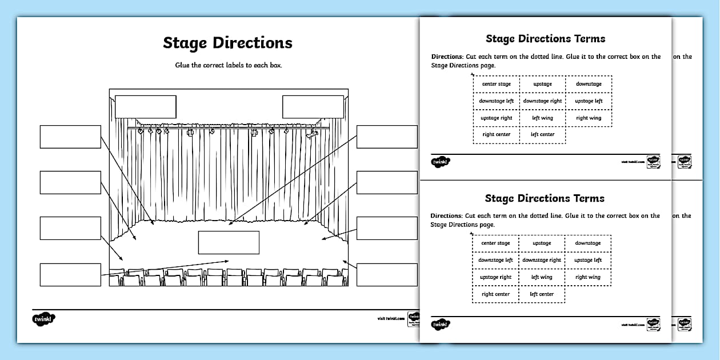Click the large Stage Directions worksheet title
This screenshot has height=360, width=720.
coord(227,43)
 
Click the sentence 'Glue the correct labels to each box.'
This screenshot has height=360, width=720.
coord(229,65)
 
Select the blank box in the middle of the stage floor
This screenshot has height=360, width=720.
coord(229,242)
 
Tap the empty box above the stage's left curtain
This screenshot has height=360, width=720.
coord(146,107)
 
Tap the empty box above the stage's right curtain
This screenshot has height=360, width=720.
coord(313,107)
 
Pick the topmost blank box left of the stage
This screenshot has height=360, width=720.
coord(70,137)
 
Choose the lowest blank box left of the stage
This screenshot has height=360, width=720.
coord(70,274)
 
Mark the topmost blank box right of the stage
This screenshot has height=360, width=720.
coord(387,137)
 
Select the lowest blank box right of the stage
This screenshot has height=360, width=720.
coord(387,274)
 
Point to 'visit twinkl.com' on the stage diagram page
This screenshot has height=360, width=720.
coord(391,318)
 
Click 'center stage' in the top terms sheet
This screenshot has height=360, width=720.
coord(497,84)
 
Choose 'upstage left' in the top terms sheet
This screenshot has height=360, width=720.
coord(589,101)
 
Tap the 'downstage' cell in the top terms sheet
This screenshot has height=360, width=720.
coord(589,84)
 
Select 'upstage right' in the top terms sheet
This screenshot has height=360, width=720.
coord(497,118)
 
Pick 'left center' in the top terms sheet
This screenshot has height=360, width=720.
coord(542,135)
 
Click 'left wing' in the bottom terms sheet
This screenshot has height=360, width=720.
coord(542,277)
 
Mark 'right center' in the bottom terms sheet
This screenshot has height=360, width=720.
coord(495,294)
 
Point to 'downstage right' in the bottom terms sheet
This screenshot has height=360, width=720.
coord(542,260)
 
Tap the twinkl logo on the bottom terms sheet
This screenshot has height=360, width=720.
coord(441,325)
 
